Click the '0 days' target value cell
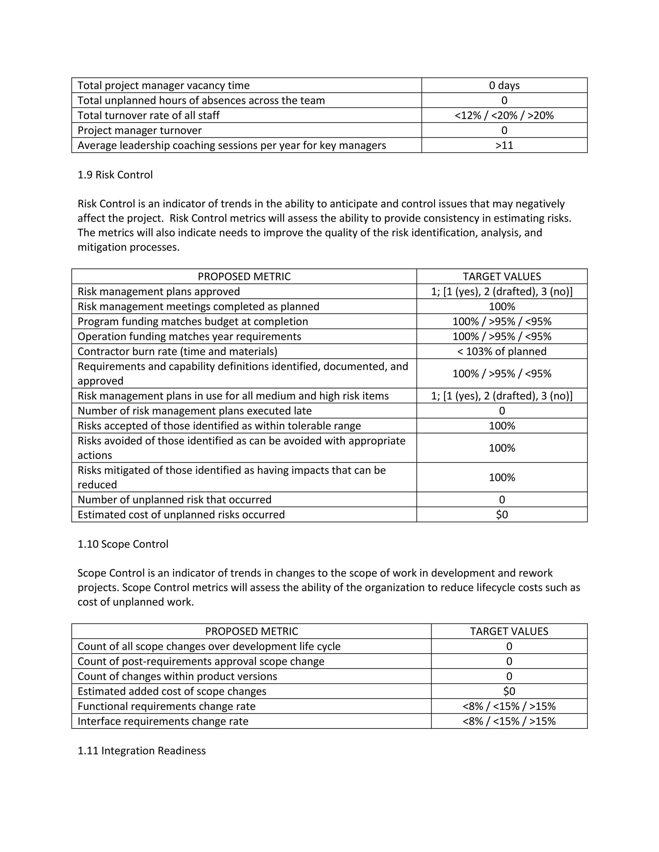[x=504, y=86]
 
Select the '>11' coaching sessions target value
[x=504, y=146]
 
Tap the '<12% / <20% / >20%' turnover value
[x=504, y=115]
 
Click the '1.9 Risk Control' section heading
[x=115, y=175]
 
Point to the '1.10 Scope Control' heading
[x=123, y=544]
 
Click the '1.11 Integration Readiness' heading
[x=141, y=751]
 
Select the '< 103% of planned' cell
[x=502, y=351]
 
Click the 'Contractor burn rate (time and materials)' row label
[x=178, y=351]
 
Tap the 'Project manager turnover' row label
[x=140, y=130]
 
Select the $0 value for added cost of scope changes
[x=509, y=691]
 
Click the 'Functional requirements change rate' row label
[x=167, y=706]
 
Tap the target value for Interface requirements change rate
[x=509, y=721]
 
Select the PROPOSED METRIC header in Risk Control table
[x=244, y=276]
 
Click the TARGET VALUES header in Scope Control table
[x=509, y=631]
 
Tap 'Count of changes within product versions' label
[x=177, y=676]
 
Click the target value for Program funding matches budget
[x=502, y=322]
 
